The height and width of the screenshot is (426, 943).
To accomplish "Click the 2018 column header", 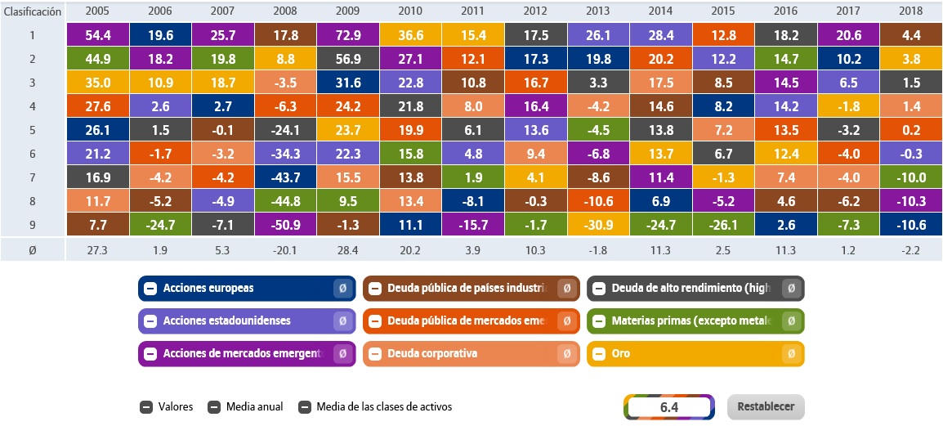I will tap(909, 11).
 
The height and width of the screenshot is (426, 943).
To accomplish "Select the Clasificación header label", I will tap(33, 11).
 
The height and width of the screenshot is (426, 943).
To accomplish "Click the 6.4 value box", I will tap(669, 406).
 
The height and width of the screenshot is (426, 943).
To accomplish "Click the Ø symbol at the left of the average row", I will tap(33, 249).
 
